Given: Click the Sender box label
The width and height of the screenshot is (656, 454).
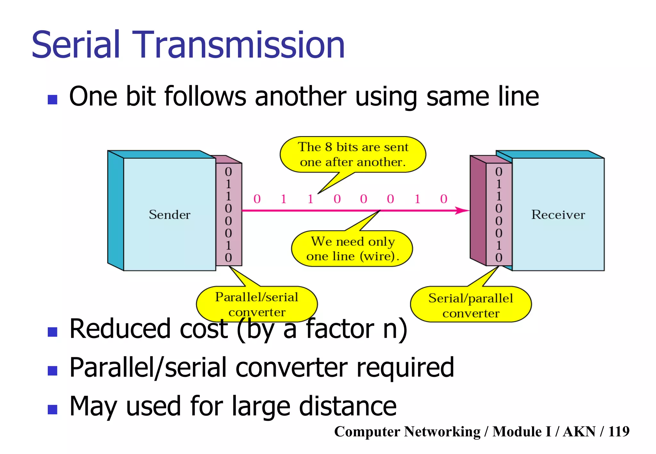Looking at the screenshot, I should point(169,215).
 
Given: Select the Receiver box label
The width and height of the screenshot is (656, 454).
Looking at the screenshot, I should point(558,215).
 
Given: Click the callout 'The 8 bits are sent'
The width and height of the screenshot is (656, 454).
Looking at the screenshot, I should point(353,154).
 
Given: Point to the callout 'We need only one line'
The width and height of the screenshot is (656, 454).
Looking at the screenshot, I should point(352,249).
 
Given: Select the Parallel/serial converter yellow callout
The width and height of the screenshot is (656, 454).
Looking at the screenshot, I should point(257,304).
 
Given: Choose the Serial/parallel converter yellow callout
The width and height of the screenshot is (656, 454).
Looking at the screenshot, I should point(471,305).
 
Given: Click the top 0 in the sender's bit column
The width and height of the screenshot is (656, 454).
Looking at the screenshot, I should point(228,172).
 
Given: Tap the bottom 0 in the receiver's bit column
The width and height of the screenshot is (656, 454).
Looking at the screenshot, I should point(499,257).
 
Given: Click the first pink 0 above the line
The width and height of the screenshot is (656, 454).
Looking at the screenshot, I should point(257,199).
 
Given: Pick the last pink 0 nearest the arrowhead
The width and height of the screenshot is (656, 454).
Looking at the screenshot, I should point(444,199).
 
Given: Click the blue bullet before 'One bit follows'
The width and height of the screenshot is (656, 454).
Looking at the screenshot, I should point(52,100).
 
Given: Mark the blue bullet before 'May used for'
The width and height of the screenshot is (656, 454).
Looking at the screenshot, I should point(52,409).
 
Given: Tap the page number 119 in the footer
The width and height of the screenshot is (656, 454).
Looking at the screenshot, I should point(619,431).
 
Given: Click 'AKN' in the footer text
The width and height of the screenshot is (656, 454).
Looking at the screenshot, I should point(579,431).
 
